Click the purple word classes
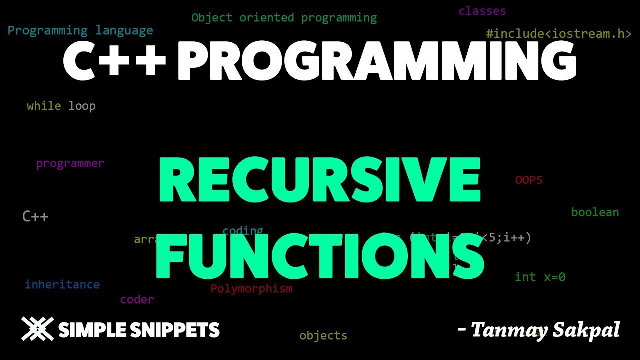482,11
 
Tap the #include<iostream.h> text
558,34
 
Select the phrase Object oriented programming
284,18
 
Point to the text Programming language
80,30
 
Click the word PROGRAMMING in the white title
377,61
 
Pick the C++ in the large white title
114,61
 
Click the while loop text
61,106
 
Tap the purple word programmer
70,163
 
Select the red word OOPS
529,180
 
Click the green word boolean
595,212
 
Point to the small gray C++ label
35,216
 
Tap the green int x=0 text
540,277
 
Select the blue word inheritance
62,284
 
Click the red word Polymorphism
251,288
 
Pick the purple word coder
137,300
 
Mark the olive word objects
323,336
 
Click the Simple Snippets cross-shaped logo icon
37,329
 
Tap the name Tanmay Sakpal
544,330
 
